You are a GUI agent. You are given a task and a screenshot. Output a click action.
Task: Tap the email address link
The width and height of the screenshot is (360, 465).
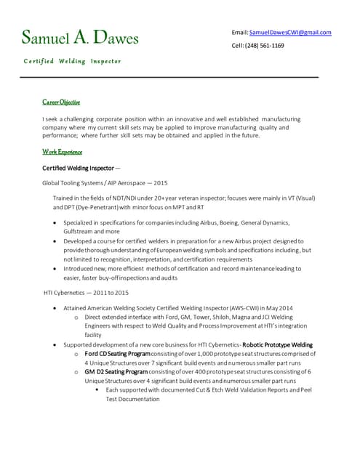(290, 33)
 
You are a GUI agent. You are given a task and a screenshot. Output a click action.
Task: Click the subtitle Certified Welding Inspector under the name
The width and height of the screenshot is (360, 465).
(73, 61)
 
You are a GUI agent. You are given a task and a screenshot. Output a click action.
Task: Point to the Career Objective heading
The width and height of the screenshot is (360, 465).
(61, 102)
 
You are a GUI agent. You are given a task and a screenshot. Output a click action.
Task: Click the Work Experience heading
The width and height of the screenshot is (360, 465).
(62, 152)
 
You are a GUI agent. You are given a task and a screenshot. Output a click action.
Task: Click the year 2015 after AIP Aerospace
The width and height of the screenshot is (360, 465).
(160, 183)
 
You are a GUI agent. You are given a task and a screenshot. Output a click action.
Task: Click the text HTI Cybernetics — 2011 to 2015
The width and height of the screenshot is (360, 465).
(86, 292)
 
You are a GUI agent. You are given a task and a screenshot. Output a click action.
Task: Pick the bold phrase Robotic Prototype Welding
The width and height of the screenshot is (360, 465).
(277, 344)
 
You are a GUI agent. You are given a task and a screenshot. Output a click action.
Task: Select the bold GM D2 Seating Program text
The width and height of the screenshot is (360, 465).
(116, 371)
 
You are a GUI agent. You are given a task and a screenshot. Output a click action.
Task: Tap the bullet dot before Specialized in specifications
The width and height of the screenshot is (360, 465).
(57, 223)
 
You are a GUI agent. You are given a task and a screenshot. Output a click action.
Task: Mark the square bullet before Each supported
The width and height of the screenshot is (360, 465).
(97, 389)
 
